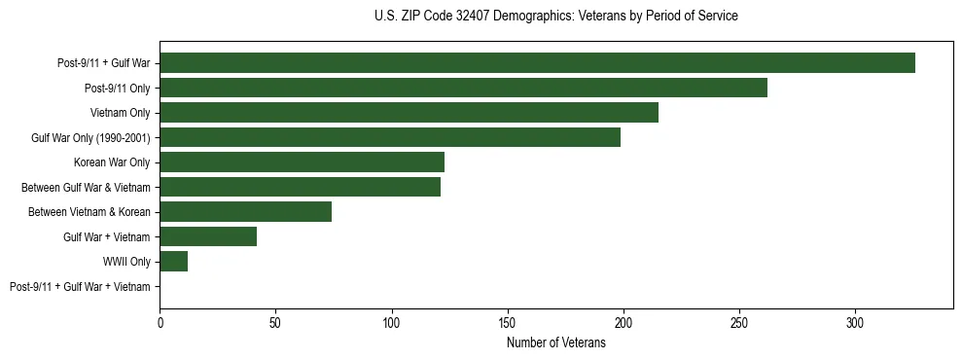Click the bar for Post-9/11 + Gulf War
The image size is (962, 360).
tap(537, 63)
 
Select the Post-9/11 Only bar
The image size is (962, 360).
tap(463, 88)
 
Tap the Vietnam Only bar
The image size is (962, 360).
tap(409, 113)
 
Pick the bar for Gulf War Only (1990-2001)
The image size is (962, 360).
tap(390, 137)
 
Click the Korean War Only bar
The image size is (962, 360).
tap(302, 162)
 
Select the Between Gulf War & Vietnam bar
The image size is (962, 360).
tap(300, 187)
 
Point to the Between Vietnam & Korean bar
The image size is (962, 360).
tap(245, 212)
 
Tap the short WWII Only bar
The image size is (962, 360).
tap(173, 262)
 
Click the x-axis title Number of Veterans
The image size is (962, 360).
tap(555, 343)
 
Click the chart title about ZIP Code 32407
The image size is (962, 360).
tap(555, 17)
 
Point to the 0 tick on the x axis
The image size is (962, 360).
tap(160, 322)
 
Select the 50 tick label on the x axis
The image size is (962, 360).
tap(275, 322)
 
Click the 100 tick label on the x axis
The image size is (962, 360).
tap(392, 322)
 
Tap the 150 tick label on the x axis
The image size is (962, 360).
tap(508, 322)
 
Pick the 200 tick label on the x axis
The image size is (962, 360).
tap(624, 322)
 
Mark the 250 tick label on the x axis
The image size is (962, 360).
tap(739, 322)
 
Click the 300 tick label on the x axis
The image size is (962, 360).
tap(855, 322)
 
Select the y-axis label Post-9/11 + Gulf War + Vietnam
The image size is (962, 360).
tap(80, 287)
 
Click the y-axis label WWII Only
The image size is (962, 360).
tap(126, 262)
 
